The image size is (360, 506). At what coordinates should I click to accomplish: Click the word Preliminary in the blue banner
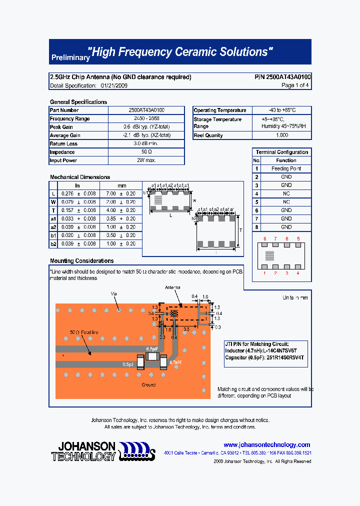point(69,58)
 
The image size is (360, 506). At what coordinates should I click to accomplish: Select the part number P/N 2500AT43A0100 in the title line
point(282,77)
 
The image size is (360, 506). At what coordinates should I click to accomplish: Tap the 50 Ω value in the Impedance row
point(146,152)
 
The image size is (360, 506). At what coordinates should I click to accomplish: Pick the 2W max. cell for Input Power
point(146,160)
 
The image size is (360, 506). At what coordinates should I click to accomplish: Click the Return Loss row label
point(63,143)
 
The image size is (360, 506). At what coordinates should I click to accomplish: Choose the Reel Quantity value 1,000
point(282,135)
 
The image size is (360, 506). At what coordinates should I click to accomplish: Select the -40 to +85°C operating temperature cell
point(282,110)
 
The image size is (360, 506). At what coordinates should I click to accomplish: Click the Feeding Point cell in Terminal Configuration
point(286,168)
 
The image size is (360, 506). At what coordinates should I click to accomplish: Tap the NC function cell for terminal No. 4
point(286,193)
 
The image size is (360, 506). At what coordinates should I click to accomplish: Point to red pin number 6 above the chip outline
point(265,238)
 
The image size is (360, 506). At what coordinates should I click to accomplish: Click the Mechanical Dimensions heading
point(80,177)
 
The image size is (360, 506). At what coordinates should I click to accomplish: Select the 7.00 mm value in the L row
point(118,193)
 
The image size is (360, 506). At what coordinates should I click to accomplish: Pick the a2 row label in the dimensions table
point(53,227)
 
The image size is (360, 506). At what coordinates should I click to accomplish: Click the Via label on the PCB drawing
point(113,294)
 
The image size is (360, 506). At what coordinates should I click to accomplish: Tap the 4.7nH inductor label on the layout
point(175,361)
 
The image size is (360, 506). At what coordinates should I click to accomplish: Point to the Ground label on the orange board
point(148,384)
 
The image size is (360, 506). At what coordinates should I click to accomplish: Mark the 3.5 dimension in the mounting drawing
point(186,330)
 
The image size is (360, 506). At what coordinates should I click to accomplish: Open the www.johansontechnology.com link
point(266,444)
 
